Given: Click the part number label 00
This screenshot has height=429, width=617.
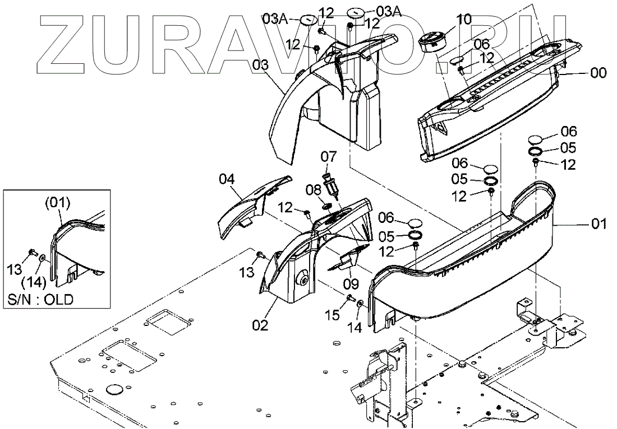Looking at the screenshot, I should (x=599, y=73).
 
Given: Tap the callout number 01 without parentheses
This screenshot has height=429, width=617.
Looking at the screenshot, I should (x=599, y=225).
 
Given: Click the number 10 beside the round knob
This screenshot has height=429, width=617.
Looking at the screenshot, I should (x=464, y=20).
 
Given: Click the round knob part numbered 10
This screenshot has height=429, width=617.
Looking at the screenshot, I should (x=432, y=41).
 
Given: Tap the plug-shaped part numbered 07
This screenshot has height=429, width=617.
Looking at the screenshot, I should (x=329, y=184).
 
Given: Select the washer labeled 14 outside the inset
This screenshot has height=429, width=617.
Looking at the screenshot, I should (x=360, y=304).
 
